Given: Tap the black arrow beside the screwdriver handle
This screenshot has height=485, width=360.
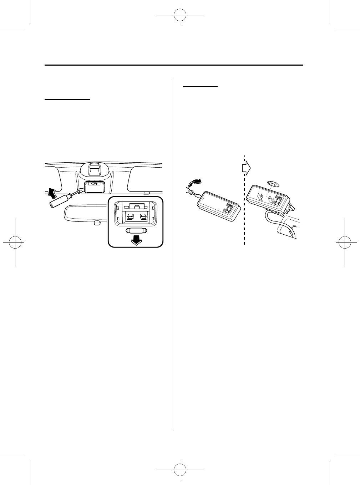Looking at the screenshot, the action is (52, 193).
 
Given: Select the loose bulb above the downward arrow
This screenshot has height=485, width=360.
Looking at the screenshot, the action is (136, 230).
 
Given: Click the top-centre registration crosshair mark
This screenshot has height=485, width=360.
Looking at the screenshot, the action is (180, 15).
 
